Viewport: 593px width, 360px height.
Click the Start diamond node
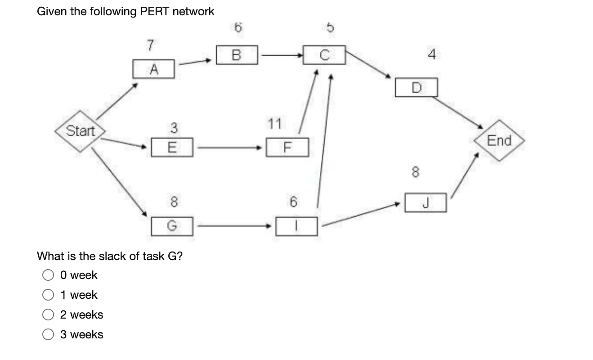(81, 131)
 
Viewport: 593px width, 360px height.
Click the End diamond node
(499, 140)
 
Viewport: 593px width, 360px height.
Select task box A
(153, 69)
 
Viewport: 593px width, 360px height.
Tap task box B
(237, 55)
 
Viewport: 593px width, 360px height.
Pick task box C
(324, 55)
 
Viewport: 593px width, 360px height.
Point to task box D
(416, 87)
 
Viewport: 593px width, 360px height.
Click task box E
(172, 147)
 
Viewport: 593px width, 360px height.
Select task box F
(287, 147)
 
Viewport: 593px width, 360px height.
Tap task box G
(172, 226)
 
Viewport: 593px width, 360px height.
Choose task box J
(425, 202)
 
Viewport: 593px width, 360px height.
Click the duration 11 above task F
(274, 123)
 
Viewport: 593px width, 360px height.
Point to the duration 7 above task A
(150, 45)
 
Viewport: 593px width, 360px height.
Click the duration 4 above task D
(431, 55)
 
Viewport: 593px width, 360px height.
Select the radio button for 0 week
(49, 275)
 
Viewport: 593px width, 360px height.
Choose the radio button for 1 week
(49, 295)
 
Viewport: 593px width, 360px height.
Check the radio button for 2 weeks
(49, 315)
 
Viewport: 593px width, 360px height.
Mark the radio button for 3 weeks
(49, 334)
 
